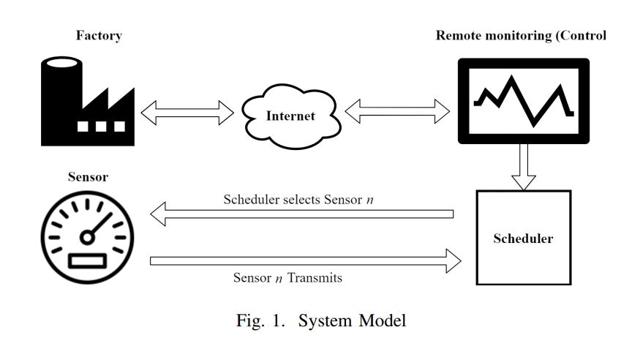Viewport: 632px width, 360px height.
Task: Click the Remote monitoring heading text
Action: [520, 36]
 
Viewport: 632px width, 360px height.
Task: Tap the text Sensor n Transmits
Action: [287, 278]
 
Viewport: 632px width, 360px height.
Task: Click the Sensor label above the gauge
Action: [88, 177]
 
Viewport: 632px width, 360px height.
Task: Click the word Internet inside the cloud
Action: [290, 116]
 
